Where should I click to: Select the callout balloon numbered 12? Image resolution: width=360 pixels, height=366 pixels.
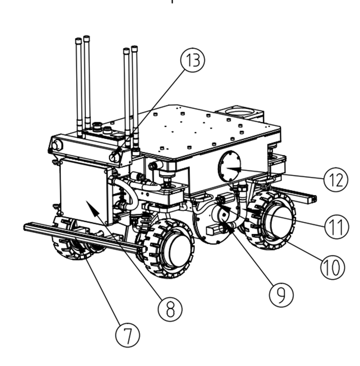coord(336,180)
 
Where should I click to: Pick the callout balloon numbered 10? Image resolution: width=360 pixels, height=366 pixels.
coord(332,266)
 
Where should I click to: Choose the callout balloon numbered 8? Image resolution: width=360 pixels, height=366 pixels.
coord(170,308)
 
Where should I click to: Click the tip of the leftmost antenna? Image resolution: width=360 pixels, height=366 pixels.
coord(78,40)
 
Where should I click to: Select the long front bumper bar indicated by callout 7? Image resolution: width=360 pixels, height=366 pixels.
coord(83,239)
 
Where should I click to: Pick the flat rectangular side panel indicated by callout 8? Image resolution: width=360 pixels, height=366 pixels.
coord(83,190)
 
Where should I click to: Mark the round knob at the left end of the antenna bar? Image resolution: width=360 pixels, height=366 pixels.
coord(57,145)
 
